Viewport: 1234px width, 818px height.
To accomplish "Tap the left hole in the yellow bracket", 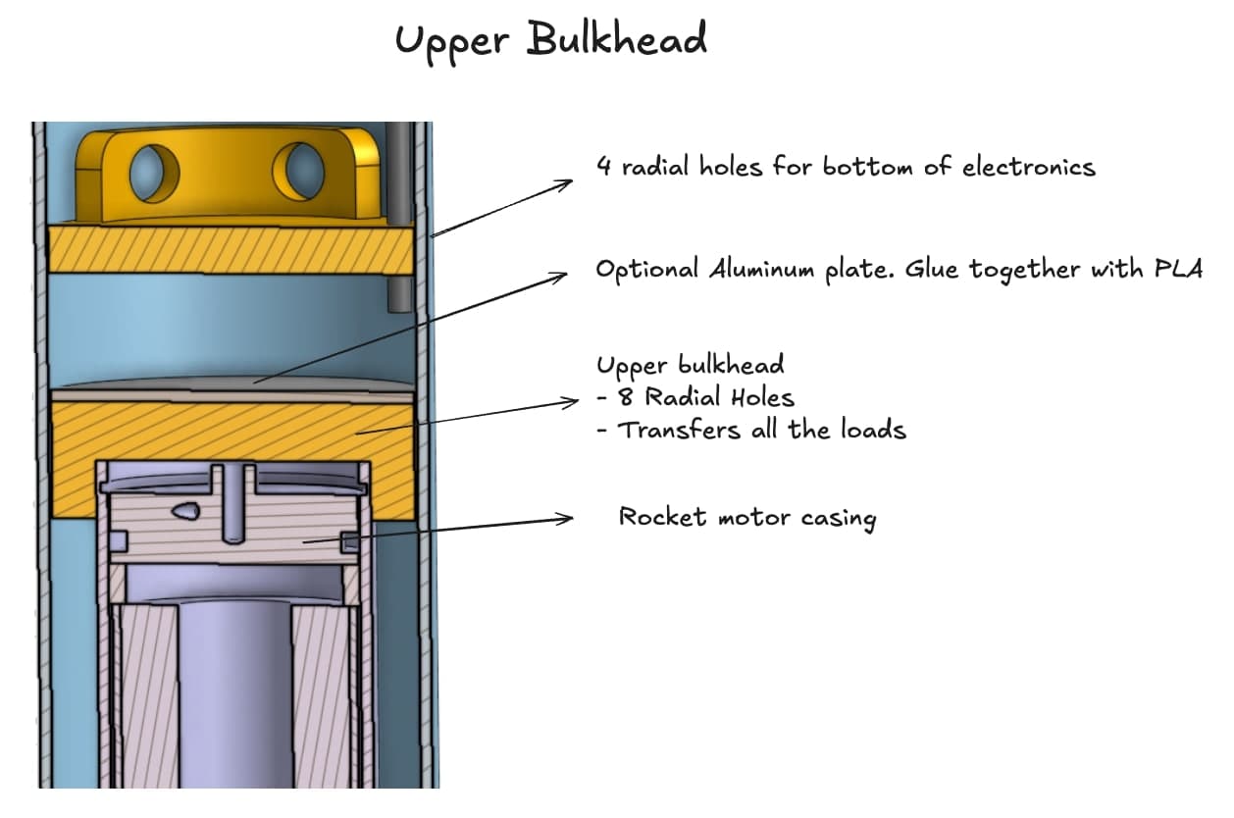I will [155, 173].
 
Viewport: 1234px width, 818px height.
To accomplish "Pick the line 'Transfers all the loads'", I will [760, 430].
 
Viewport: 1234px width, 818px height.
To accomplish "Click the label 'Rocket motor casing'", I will [746, 517].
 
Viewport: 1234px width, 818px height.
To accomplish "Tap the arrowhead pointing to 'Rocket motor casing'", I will [566, 518].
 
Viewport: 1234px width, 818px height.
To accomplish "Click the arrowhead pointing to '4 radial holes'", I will [565, 182].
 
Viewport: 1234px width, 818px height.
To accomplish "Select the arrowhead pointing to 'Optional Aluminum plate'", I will [562, 278].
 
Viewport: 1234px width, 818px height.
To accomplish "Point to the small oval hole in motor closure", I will [184, 510].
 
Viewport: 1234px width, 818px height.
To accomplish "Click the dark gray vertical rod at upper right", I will [399, 216].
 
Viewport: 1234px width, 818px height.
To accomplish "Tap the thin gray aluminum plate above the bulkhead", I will [231, 383].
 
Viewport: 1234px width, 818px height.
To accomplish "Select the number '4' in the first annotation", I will [604, 167].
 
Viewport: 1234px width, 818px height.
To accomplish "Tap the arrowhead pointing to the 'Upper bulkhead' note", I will [574, 402].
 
